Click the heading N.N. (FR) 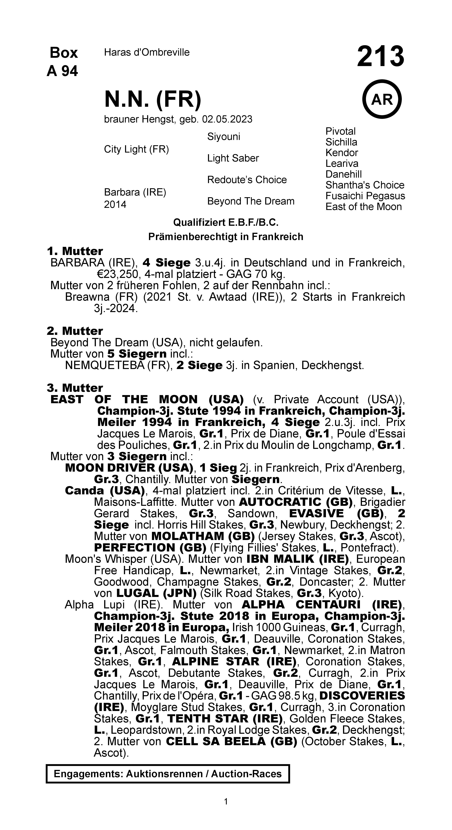[x=153, y=100]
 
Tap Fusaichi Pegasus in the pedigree [x=365, y=196]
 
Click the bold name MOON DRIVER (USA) [x=129, y=468]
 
